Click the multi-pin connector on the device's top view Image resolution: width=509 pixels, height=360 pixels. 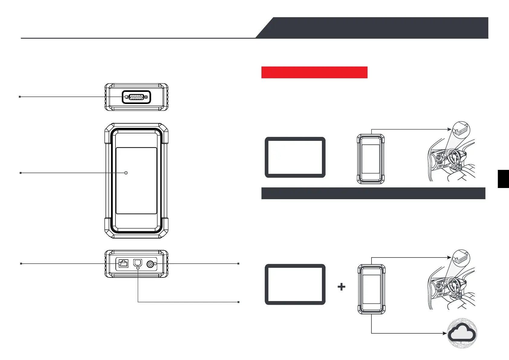point(136,97)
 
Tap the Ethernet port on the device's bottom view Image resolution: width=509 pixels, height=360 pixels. point(124,264)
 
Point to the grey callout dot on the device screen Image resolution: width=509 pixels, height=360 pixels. point(126,173)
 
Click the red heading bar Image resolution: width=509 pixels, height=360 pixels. point(314,73)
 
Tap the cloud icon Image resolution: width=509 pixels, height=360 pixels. point(462,334)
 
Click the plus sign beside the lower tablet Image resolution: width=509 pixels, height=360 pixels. point(341,287)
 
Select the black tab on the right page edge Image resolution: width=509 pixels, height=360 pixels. point(503,179)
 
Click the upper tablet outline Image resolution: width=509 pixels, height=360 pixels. point(295,157)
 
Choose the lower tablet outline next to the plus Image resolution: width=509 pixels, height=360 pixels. point(295,284)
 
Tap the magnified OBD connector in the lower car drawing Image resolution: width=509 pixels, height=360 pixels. point(461,258)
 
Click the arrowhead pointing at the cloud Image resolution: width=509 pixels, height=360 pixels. point(445,333)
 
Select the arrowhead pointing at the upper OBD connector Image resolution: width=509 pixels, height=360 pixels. point(449,129)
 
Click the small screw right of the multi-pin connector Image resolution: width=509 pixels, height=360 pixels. point(146,97)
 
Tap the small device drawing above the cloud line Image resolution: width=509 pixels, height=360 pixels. point(371,289)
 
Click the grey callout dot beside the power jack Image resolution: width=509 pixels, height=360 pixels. point(155,264)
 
